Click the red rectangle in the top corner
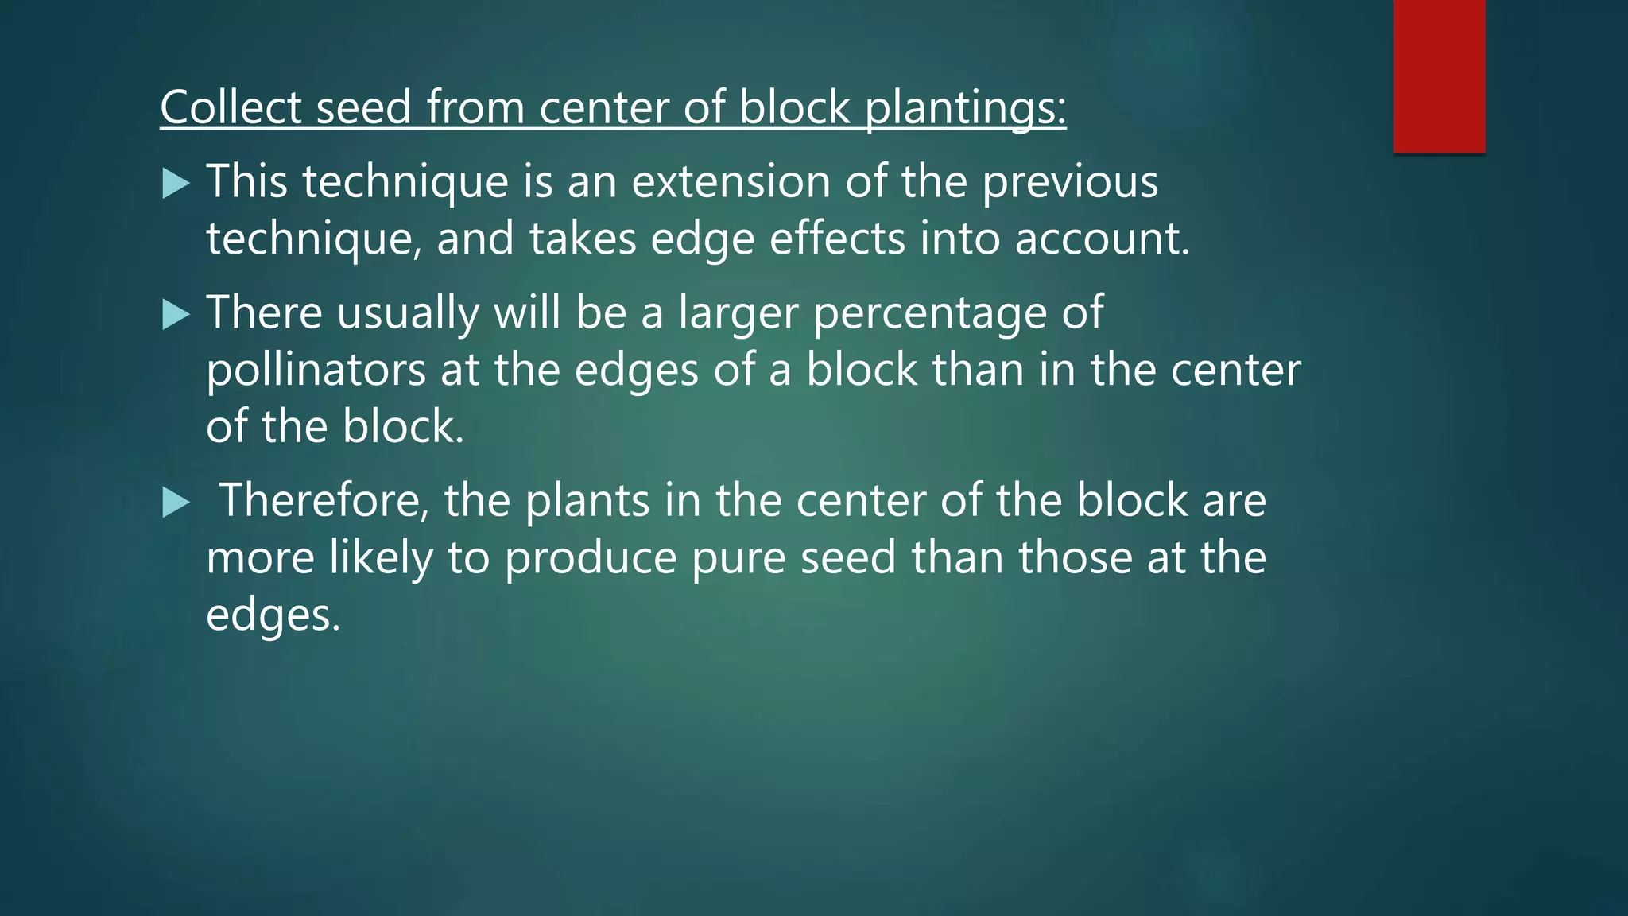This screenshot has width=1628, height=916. (x=1439, y=76)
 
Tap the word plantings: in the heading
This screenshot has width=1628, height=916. (x=965, y=108)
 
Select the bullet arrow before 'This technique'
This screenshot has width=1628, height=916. (x=175, y=184)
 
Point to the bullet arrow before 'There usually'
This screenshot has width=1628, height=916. (x=175, y=315)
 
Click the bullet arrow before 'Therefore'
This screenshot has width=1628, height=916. (x=175, y=503)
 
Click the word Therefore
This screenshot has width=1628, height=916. (x=324, y=501)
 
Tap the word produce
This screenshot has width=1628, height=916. (x=590, y=558)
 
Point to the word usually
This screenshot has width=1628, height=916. (x=408, y=313)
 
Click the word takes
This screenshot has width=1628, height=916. (x=583, y=239)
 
